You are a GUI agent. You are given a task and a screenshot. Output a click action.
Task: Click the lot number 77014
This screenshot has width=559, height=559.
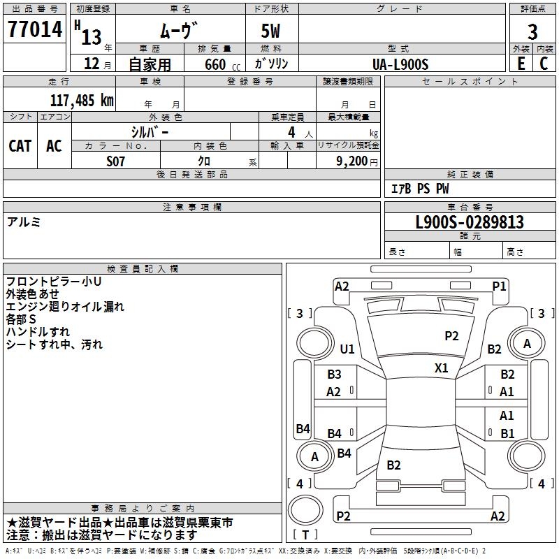point(35,29)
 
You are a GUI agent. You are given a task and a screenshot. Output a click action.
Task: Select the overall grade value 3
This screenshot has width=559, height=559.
point(532,32)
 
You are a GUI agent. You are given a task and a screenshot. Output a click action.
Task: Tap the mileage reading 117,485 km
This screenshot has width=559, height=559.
point(82,101)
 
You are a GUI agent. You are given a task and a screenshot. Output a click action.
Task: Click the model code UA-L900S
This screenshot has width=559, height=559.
point(400,64)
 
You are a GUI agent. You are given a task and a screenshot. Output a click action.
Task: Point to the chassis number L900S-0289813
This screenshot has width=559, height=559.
point(470,222)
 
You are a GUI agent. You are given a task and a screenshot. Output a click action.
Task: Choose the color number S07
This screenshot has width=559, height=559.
point(115,161)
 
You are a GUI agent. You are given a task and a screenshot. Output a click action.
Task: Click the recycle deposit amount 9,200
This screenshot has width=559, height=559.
point(351,161)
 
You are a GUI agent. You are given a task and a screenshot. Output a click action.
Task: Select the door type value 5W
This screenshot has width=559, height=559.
point(270,31)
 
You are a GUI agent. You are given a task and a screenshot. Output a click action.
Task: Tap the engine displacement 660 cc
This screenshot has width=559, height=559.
point(222,65)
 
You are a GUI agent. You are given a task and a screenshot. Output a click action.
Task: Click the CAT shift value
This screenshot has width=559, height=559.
point(20,146)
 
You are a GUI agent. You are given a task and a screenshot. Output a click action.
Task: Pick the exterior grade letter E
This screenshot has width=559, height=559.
point(521,64)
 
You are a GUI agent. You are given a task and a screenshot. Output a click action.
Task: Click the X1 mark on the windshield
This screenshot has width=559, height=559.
point(442,368)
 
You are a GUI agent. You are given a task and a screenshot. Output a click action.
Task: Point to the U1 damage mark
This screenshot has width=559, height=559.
point(347,349)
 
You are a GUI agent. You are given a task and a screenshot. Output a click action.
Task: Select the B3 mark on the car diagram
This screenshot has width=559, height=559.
point(335,375)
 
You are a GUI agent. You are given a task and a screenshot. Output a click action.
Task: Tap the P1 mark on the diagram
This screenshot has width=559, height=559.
point(499,286)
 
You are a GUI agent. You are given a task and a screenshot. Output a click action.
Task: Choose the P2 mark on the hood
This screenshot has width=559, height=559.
point(451,336)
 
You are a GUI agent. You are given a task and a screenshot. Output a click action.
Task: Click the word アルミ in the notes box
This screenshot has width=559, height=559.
point(24,222)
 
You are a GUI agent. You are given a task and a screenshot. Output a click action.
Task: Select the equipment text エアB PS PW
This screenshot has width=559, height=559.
point(420,189)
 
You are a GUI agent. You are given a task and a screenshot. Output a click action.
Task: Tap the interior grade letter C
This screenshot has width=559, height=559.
point(544,64)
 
